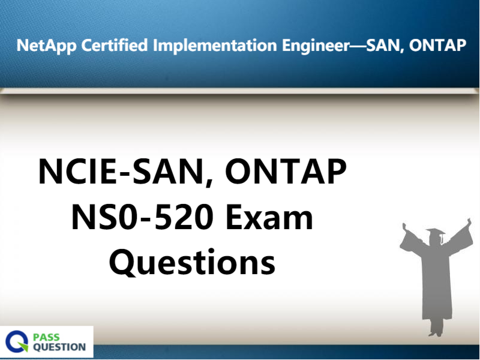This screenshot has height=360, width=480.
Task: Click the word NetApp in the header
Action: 47,46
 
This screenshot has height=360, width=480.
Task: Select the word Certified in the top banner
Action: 115,45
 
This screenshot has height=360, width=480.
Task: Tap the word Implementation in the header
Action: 215,46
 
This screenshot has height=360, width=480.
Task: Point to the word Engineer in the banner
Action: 316,46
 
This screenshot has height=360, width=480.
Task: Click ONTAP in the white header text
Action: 437,46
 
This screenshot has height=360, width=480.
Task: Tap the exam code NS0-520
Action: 142,217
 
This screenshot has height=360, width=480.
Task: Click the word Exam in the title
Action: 269,217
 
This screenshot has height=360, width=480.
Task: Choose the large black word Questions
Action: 192,262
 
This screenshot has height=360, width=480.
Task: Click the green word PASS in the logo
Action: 46,337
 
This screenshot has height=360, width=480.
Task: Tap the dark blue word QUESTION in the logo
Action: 59,347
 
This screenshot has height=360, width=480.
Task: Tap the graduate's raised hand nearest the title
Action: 404,226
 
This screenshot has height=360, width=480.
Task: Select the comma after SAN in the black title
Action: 209,183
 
